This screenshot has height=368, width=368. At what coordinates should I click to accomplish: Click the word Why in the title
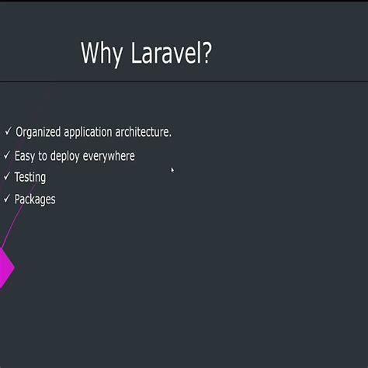pyautogui.click(x=100, y=54)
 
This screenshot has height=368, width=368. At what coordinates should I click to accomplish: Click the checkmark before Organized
pyautogui.click(x=8, y=132)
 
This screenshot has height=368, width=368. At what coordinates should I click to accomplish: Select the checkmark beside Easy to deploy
pyautogui.click(x=7, y=155)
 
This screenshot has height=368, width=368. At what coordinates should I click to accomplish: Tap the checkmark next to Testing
pyautogui.click(x=7, y=177)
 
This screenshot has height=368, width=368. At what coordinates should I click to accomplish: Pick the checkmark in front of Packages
pyautogui.click(x=7, y=199)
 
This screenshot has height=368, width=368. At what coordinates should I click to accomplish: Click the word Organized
pyautogui.click(x=39, y=133)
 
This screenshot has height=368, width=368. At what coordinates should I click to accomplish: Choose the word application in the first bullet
pyautogui.click(x=92, y=133)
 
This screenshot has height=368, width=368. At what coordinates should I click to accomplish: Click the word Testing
pyautogui.click(x=30, y=178)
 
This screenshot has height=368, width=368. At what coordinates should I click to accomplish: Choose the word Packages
pyautogui.click(x=35, y=200)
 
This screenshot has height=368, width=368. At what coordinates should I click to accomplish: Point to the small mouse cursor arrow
pyautogui.click(x=172, y=169)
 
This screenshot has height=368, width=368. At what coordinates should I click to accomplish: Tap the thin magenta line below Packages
pyautogui.click(x=12, y=226)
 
